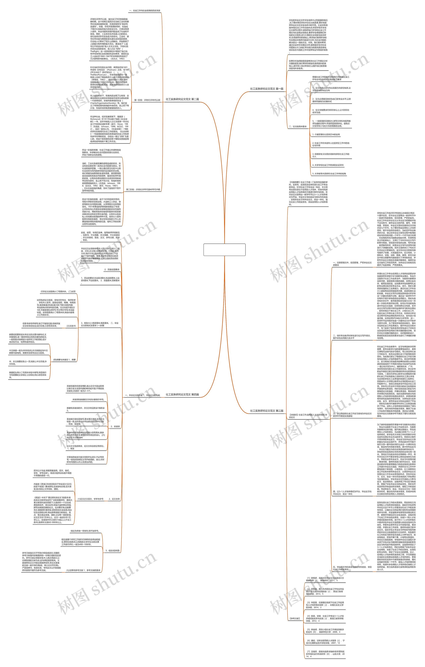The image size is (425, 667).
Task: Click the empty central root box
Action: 224,250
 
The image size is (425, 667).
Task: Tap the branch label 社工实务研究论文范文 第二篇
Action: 182,99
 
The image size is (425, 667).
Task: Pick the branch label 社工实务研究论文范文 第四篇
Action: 182,395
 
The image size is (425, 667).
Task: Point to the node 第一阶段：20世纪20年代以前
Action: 147,100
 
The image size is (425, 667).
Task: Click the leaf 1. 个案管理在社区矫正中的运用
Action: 326,135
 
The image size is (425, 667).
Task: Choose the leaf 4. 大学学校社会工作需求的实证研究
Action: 328,165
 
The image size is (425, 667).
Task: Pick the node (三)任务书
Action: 71,326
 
